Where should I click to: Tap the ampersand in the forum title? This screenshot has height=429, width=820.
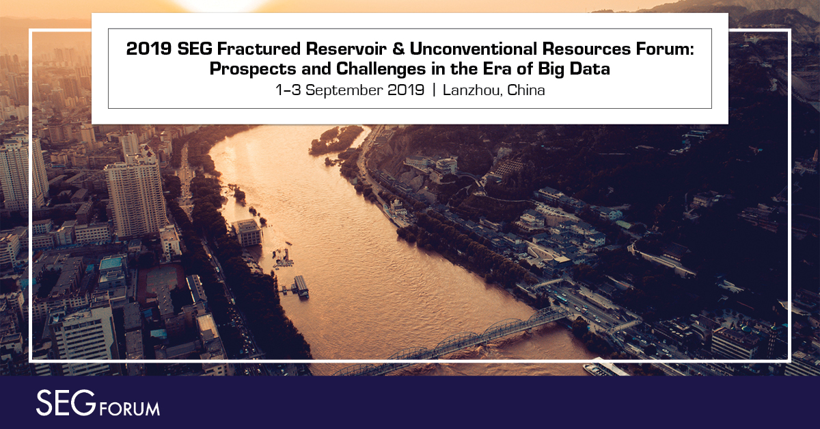398,49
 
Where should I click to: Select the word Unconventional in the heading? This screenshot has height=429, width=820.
474,49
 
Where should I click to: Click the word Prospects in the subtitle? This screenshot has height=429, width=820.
253,69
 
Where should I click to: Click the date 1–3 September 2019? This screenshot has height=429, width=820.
350,90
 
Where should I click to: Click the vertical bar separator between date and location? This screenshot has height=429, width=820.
434,90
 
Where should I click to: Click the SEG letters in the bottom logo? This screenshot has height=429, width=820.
66,403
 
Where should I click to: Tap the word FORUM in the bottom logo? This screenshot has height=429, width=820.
130,409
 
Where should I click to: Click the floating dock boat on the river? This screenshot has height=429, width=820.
301,287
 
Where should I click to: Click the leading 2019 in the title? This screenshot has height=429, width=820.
149,49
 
